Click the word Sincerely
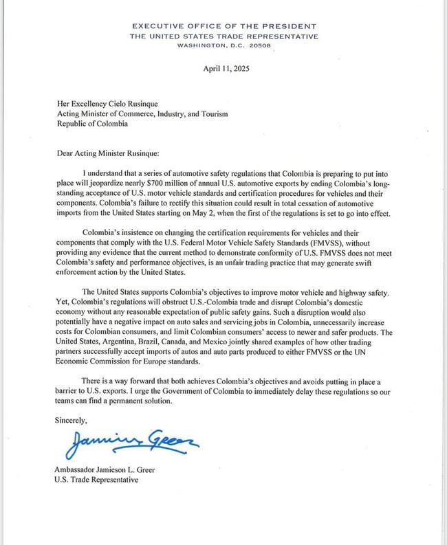point(71,418)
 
